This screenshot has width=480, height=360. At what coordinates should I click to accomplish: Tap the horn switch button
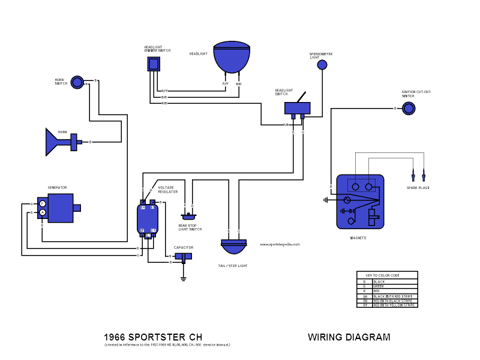point(77,82)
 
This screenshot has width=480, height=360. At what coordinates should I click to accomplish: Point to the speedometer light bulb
point(322,64)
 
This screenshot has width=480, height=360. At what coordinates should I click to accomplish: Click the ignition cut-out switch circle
point(408,108)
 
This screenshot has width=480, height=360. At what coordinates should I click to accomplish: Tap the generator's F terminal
point(43,204)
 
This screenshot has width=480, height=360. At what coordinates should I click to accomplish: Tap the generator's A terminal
point(43,212)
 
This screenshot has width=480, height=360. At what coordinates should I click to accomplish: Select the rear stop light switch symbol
point(189,216)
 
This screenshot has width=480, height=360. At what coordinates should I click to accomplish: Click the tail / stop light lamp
point(234,247)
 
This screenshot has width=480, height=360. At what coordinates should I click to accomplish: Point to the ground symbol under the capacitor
point(184,277)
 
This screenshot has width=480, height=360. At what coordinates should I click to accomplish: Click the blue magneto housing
point(359,201)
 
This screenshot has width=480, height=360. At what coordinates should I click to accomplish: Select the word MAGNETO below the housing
point(358,238)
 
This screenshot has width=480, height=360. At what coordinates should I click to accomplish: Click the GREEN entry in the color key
point(379,286)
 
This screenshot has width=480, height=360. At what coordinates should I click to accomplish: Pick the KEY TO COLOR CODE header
point(386,275)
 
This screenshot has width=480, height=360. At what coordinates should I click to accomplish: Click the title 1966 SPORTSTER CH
point(149,337)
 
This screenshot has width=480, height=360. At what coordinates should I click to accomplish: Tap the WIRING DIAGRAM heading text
point(349,337)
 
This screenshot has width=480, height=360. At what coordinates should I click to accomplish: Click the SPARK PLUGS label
point(418,188)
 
